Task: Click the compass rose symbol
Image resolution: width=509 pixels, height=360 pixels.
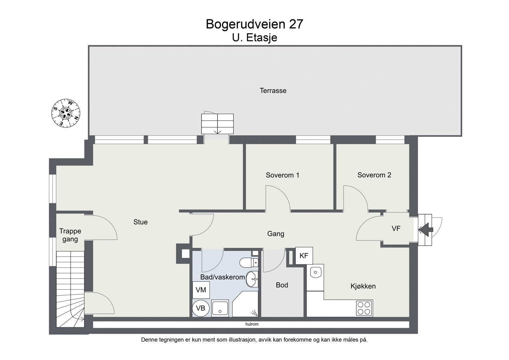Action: tap(66, 113)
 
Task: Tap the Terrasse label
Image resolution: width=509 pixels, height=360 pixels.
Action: tap(273, 91)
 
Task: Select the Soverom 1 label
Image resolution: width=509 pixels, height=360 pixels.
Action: tap(282, 175)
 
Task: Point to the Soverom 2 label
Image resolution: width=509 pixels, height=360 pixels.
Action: tap(374, 175)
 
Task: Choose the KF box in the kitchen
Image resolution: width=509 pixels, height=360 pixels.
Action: tap(304, 256)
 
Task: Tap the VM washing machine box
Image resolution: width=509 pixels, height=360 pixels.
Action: tap(201, 290)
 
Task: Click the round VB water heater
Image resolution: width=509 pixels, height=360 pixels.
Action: tap(201, 308)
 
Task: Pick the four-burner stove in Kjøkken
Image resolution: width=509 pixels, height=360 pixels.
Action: tap(364, 308)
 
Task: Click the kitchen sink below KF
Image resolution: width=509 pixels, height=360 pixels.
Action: tap(315, 272)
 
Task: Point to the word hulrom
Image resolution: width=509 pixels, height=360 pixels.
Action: tap(252, 324)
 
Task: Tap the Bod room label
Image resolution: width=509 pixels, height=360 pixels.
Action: tap(282, 285)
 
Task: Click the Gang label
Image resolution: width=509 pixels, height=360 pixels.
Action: tap(275, 234)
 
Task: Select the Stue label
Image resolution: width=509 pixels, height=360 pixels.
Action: tap(140, 222)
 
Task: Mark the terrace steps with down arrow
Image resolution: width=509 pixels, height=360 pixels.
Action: tap(217, 124)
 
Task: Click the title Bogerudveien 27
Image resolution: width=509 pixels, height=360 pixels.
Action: tap(254, 24)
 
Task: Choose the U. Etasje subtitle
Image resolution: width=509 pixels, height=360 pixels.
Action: tap(254, 38)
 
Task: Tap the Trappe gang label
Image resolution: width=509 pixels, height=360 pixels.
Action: tap(70, 235)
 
